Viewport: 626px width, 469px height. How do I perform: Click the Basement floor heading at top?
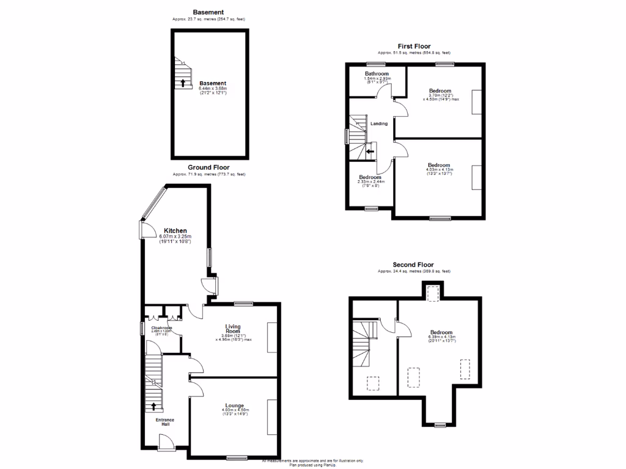(208, 12)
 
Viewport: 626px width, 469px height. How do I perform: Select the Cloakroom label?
(162, 328)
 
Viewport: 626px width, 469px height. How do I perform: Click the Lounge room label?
(234, 405)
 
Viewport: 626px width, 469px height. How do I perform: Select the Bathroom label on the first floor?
(377, 75)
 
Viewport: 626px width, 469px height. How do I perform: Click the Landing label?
(379, 124)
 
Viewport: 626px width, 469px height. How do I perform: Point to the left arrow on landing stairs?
(369, 150)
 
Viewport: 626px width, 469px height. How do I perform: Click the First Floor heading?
(414, 46)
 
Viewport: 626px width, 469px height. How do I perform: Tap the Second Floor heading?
(413, 265)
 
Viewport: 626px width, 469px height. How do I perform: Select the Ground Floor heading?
(208, 167)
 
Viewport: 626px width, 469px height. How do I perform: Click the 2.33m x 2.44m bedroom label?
(370, 178)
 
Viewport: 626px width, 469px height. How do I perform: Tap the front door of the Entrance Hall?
(166, 443)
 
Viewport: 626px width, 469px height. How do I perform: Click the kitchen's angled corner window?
(152, 203)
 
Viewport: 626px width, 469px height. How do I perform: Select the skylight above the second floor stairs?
(372, 382)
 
